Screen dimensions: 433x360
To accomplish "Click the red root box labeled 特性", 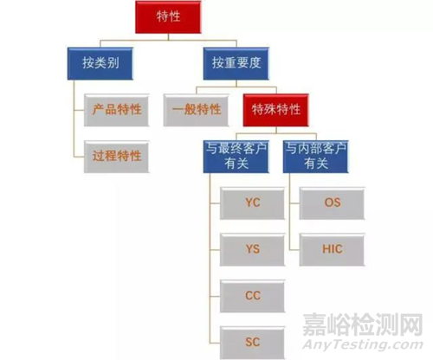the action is click(x=168, y=16).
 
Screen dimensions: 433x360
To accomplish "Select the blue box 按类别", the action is click(x=100, y=63).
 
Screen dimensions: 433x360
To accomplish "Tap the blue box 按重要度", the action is click(x=236, y=63).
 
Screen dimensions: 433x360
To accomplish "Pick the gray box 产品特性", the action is click(x=117, y=110).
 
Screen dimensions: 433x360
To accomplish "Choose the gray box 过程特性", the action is click(x=117, y=157).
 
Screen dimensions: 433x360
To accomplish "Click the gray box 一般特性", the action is click(x=197, y=110).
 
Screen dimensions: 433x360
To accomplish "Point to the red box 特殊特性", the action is click(x=276, y=110).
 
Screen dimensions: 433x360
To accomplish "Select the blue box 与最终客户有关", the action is click(x=236, y=157).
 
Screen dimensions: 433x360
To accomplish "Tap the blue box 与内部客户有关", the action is click(x=316, y=157).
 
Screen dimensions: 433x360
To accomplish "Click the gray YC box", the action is click(x=253, y=203).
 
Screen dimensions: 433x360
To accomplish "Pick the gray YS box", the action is click(x=253, y=250).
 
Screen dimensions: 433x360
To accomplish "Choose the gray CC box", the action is click(x=253, y=296).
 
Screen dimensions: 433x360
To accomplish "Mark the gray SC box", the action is click(x=253, y=343).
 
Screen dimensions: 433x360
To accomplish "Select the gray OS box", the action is click(x=333, y=203).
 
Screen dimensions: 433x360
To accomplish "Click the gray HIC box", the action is click(x=333, y=250).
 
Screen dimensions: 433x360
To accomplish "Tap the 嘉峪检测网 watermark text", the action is click(x=363, y=325).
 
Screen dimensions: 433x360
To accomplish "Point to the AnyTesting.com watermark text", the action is click(x=363, y=344).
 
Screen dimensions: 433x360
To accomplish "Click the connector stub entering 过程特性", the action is click(x=79, y=157).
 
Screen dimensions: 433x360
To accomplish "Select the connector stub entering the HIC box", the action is click(x=294, y=250).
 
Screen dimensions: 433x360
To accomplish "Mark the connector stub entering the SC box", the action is click(x=215, y=343).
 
